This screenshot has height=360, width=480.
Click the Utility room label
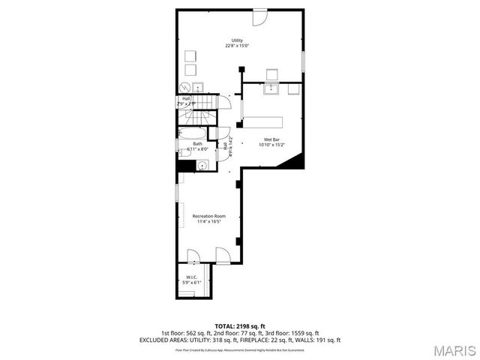click(x=237, y=40)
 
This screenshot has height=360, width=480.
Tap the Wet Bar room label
click(x=271, y=140)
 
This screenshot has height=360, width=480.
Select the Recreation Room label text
click(x=209, y=217)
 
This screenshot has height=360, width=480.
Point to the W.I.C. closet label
click(x=193, y=277)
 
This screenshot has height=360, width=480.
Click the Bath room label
click(x=197, y=144)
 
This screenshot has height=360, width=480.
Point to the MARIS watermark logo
click(x=448, y=350)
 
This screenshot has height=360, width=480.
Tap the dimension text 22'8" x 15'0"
click(x=237, y=45)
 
